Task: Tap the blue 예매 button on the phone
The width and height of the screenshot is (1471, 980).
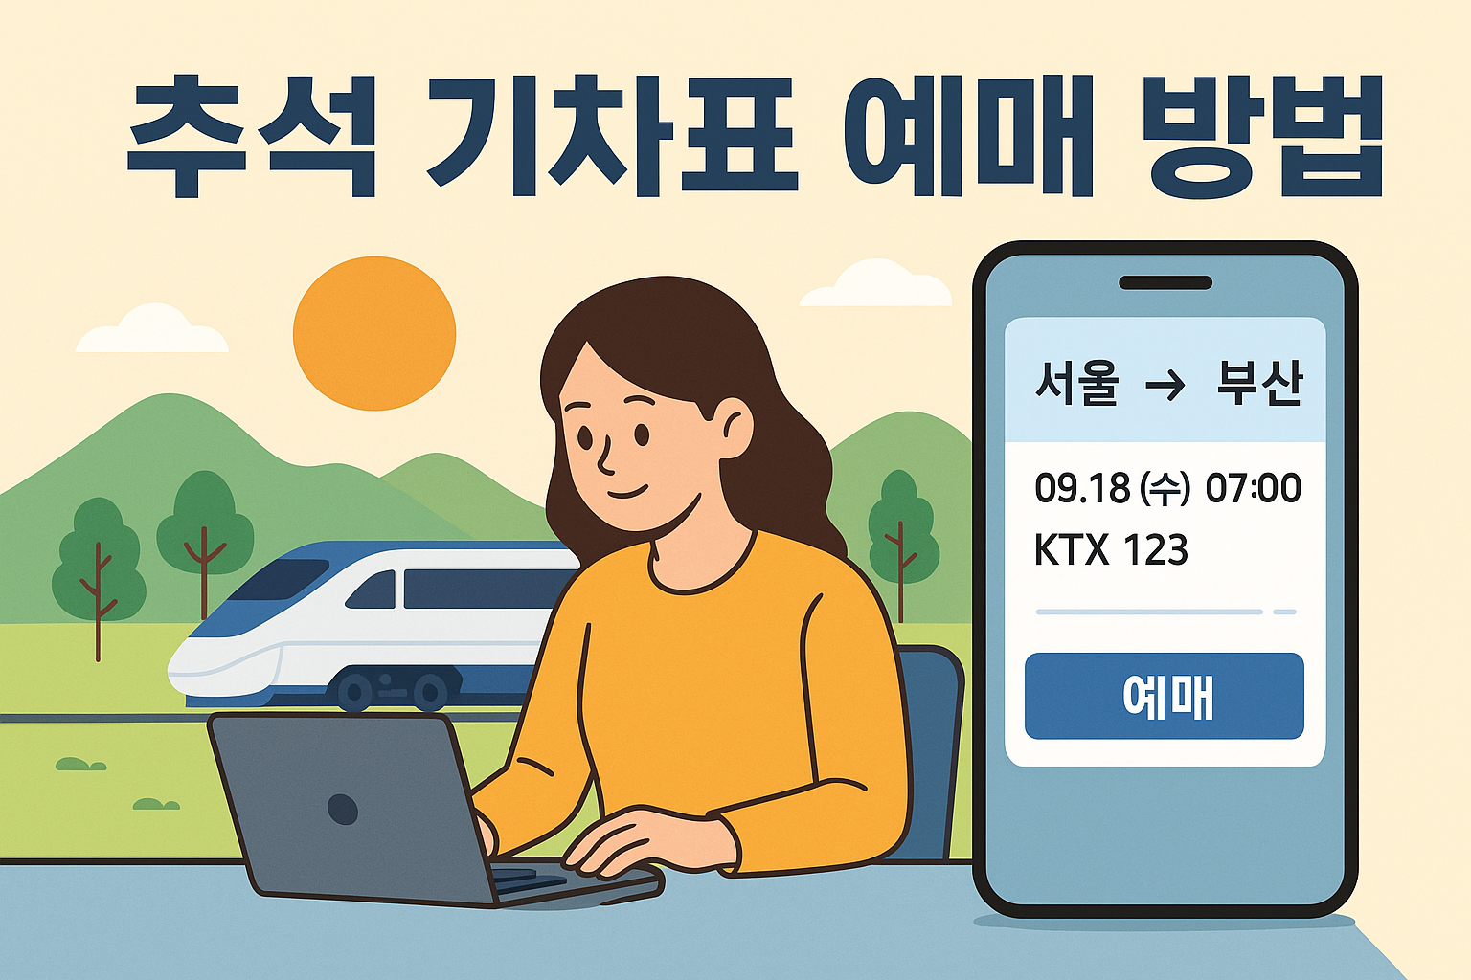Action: tap(1165, 696)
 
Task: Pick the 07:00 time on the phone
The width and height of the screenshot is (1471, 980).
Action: tap(1253, 489)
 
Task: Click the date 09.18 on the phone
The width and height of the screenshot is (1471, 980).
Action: tap(1082, 489)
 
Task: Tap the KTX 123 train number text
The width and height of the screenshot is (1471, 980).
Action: tap(1111, 550)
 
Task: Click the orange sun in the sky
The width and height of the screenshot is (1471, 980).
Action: tap(374, 333)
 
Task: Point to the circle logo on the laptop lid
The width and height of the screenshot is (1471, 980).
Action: tap(343, 809)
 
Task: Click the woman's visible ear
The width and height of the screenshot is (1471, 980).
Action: tap(732, 428)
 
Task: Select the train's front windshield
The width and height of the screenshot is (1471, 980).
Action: tap(278, 578)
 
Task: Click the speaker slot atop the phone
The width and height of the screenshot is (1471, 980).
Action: tap(1165, 282)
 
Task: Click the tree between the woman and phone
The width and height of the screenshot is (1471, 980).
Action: tap(900, 531)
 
